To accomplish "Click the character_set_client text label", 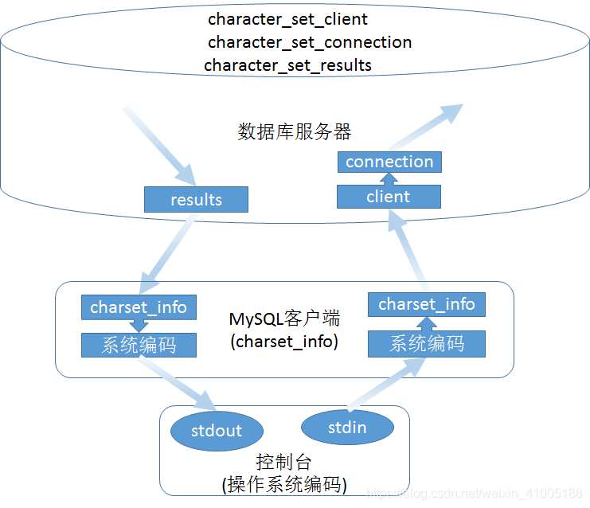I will pos(287,18).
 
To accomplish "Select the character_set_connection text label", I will pos(310,42).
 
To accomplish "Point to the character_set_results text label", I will pos(287,65).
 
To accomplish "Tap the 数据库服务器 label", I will pos(295,131).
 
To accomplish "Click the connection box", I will pos(389,162).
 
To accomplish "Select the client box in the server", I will pos(389,197).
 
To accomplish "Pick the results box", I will pos(196,199).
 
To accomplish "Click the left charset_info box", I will pos(139,307).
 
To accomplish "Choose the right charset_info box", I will pos(426,304).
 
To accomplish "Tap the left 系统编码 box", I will pos(139,345).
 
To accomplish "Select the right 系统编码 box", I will pos(426,344).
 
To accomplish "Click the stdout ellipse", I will pos(217,431).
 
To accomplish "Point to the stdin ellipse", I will pos(347,428).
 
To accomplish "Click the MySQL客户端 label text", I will pos(284,319).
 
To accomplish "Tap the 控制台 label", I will pos(283,463).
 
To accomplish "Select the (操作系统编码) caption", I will pos(283,484).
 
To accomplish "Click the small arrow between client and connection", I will pos(389,179).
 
